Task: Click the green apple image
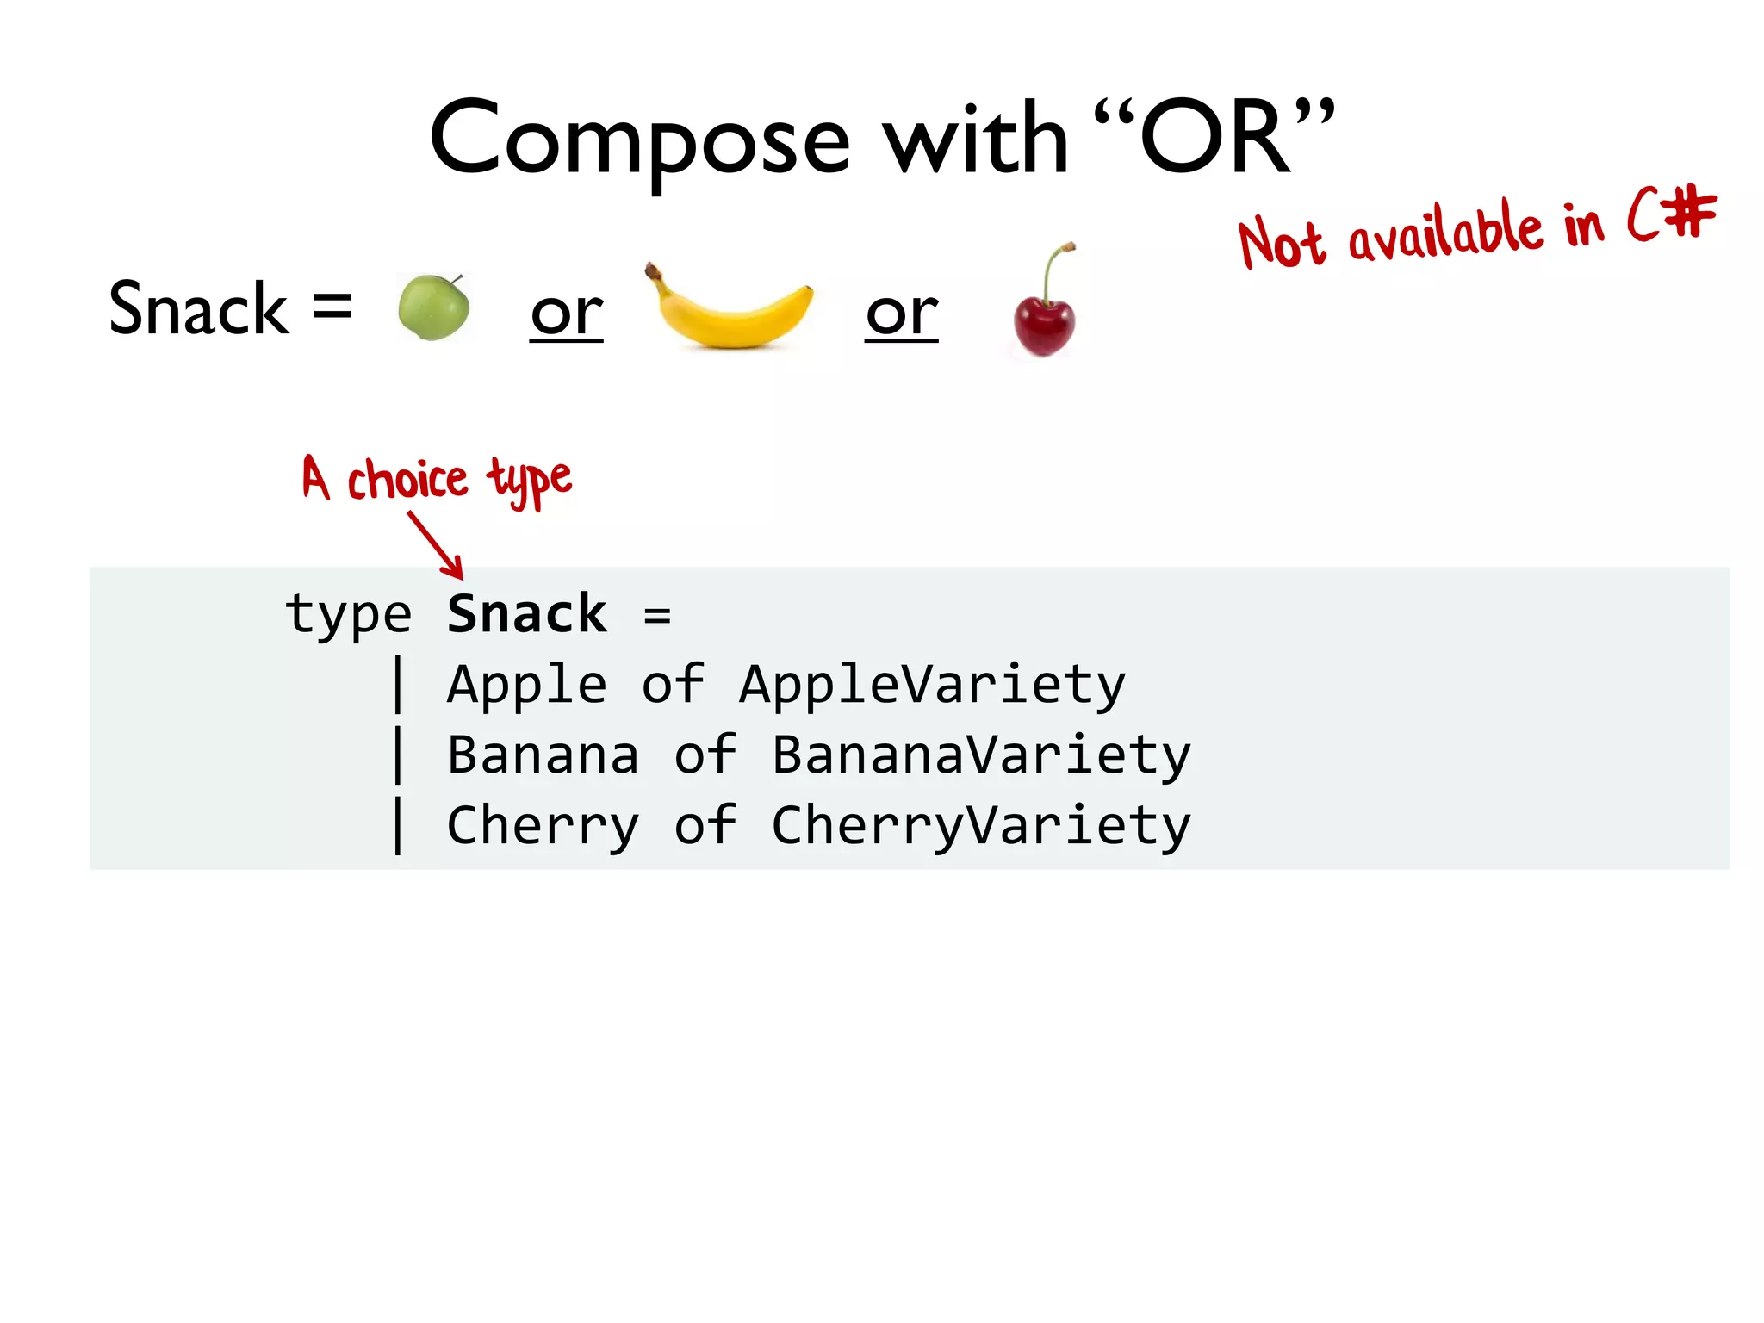coord(433,307)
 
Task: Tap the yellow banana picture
coord(730,310)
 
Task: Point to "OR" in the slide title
coord(1214,138)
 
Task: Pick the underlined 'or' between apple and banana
coord(566,314)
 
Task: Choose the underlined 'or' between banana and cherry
coord(901,314)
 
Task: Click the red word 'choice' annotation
coord(407,480)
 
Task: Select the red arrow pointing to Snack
coord(437,544)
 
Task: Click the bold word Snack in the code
coord(526,614)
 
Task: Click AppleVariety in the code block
coord(932,686)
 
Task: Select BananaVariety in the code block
coord(981,755)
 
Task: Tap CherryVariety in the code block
coord(981,826)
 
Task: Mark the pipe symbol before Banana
coord(398,755)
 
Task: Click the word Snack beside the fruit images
coord(198,309)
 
